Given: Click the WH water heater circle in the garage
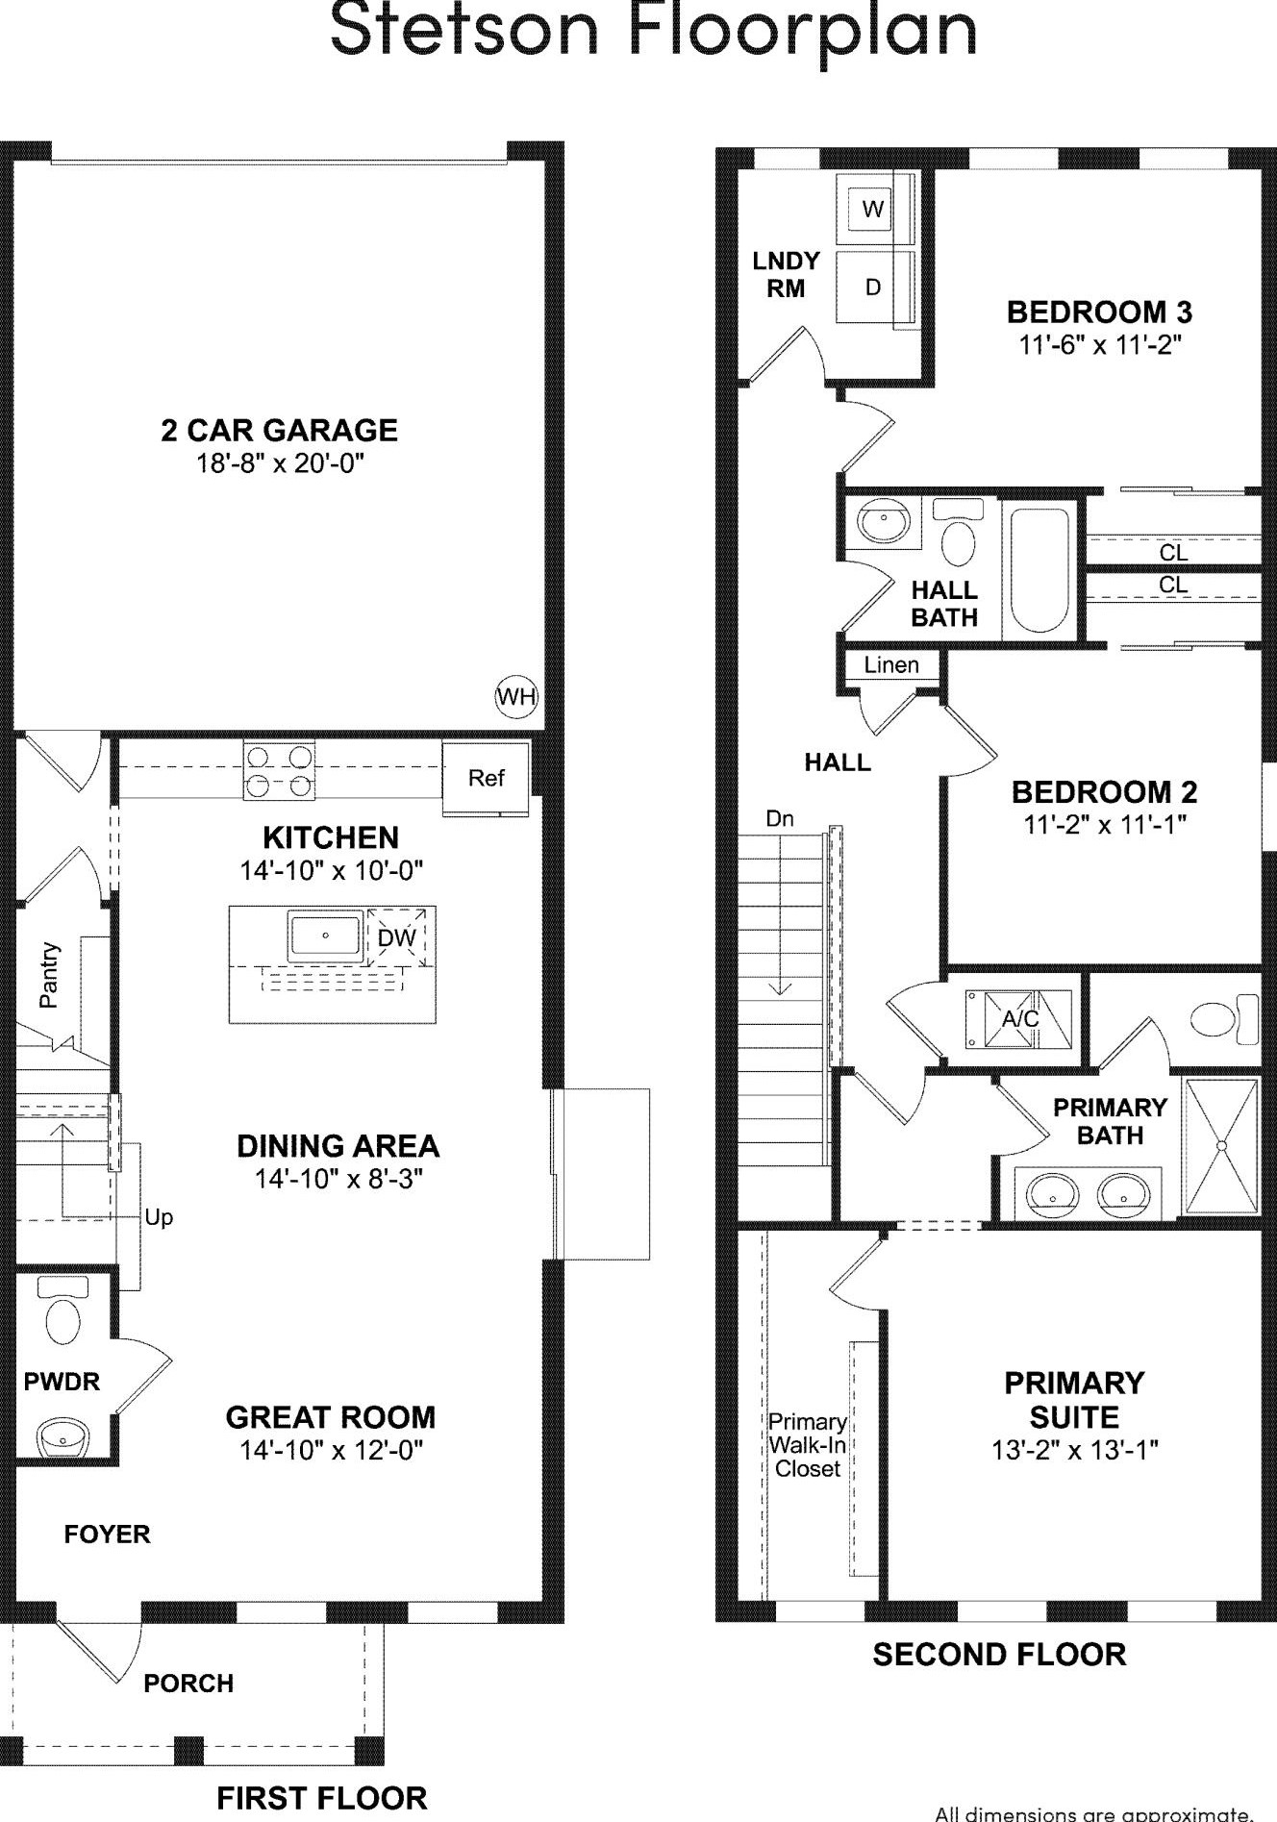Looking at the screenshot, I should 516,696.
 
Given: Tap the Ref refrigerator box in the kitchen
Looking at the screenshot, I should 486,778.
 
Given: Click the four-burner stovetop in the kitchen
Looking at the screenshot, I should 279,771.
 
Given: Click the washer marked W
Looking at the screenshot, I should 873,209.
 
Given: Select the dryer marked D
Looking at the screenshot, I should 873,287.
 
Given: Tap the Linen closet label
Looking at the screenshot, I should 890,665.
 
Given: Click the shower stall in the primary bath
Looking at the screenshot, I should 1220,1146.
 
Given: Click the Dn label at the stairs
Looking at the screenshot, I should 780,819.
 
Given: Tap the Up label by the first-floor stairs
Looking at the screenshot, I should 159,1217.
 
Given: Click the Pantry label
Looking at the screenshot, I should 49,975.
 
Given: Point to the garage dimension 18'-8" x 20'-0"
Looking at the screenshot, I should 280,463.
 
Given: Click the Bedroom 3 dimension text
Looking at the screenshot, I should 1099,344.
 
